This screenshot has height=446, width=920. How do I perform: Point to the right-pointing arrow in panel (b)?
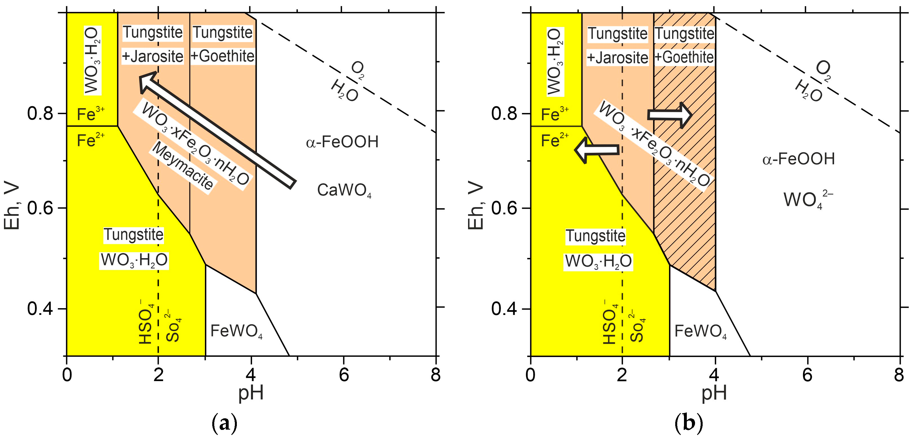tap(670, 115)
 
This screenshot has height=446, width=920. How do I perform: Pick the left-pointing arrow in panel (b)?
tap(597, 150)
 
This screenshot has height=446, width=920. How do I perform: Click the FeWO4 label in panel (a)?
tap(236, 331)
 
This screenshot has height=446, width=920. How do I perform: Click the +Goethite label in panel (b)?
tap(684, 57)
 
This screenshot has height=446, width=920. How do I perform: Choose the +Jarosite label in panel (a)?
tap(153, 56)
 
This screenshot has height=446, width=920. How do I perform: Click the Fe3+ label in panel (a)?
tap(91, 114)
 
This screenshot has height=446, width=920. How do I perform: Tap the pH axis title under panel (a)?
tap(251, 393)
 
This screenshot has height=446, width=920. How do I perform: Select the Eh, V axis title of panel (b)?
tap(476, 207)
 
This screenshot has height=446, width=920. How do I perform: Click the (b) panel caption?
tap(688, 423)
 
